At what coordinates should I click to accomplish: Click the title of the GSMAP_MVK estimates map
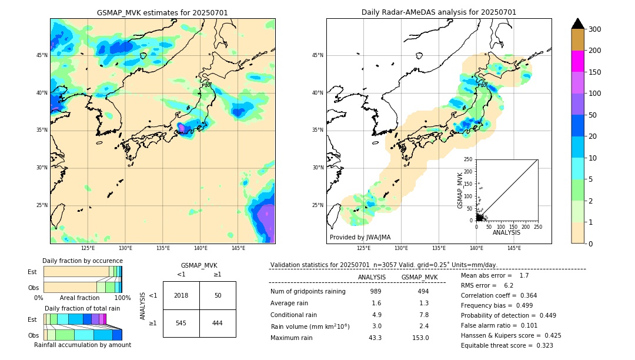pyautogui.click(x=162, y=12)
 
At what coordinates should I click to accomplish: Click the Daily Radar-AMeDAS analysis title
pyautogui.click(x=439, y=12)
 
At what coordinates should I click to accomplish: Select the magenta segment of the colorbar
pyautogui.click(x=578, y=61)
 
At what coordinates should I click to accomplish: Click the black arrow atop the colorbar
pyautogui.click(x=578, y=24)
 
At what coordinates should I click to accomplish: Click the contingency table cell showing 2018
pyautogui.click(x=181, y=295)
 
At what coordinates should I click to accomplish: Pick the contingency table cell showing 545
pyautogui.click(x=181, y=323)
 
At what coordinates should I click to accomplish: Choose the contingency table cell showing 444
pyautogui.click(x=218, y=323)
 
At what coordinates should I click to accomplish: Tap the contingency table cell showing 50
pyautogui.click(x=218, y=295)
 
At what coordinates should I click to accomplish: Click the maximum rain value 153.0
pyautogui.click(x=419, y=338)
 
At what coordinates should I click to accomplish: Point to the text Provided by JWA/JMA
pyautogui.click(x=360, y=237)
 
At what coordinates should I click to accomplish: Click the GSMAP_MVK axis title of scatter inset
pyautogui.click(x=460, y=189)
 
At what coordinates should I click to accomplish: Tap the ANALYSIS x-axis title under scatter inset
pyautogui.click(x=506, y=232)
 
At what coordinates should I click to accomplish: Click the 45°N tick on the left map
pyautogui.click(x=42, y=55)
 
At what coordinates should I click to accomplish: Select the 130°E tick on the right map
pyautogui.click(x=401, y=248)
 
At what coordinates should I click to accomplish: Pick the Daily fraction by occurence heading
pyautogui.click(x=82, y=261)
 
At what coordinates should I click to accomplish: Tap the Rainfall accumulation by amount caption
pyautogui.click(x=82, y=345)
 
